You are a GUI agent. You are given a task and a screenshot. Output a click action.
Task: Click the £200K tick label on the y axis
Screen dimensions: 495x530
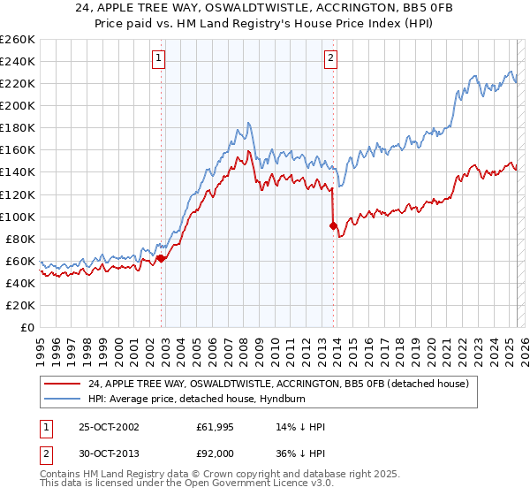click(17, 105)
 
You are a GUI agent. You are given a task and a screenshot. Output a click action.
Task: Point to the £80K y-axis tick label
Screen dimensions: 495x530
click(19, 239)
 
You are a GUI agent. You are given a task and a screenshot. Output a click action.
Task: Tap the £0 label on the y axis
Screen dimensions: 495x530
click(27, 327)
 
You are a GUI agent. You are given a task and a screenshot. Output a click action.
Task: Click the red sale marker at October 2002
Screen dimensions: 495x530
click(162, 258)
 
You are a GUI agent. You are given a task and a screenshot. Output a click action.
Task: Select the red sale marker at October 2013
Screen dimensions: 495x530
click(333, 225)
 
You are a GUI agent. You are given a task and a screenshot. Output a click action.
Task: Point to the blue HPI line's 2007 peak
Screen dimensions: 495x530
click(250, 123)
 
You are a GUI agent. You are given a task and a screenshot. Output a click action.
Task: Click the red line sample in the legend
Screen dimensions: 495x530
click(64, 383)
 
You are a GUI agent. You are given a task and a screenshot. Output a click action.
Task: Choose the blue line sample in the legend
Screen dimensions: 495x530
click(64, 398)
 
